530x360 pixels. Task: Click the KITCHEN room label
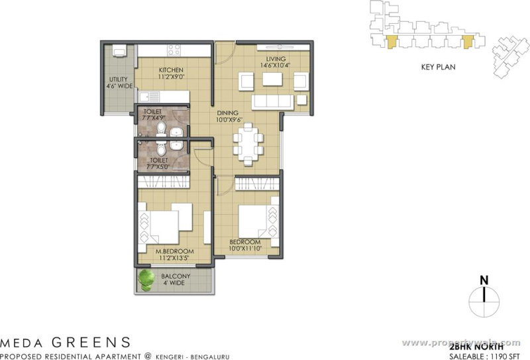(170, 70)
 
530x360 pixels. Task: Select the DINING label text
(229, 113)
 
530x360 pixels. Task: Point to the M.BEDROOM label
(174, 251)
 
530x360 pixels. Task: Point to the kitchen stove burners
(174, 49)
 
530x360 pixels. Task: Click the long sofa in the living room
(272, 101)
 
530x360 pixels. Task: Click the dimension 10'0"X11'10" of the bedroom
(246, 249)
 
